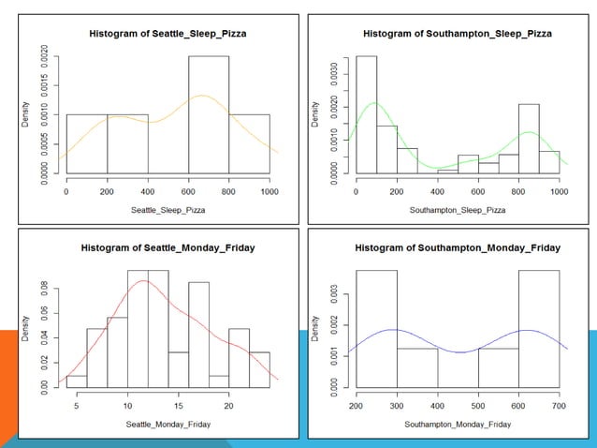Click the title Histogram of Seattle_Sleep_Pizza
[166, 33]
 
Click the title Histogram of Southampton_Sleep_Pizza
[458, 33]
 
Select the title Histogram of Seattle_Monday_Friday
[166, 248]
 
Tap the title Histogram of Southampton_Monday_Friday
[458, 248]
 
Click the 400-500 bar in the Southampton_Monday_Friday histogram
[459, 366]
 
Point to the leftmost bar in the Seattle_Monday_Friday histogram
[77, 380]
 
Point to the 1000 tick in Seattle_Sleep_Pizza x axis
[269, 191]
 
